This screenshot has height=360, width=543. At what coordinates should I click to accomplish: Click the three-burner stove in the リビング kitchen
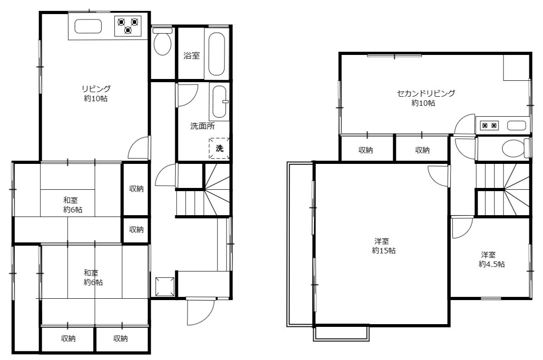[128, 26]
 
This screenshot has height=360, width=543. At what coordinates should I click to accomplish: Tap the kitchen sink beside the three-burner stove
[89, 26]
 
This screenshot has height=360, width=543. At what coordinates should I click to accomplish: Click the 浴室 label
[192, 55]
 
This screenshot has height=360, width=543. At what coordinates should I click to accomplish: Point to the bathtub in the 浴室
[217, 54]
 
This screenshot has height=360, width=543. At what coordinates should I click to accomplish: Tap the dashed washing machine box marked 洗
[219, 148]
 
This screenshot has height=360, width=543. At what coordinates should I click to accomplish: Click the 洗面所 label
[202, 126]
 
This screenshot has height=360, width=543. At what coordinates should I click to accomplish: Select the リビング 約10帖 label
[96, 94]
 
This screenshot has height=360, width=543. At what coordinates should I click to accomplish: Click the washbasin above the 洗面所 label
[219, 102]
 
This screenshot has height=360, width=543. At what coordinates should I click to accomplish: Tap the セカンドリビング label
[426, 93]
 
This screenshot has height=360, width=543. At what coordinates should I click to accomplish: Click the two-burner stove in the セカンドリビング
[489, 125]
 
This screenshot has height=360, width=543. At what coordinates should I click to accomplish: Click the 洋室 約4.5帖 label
[491, 260]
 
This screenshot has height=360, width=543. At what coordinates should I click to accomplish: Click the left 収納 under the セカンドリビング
[365, 150]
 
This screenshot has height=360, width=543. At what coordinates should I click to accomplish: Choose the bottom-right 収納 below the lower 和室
[120, 339]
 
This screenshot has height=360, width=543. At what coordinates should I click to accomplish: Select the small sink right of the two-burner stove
[517, 125]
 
